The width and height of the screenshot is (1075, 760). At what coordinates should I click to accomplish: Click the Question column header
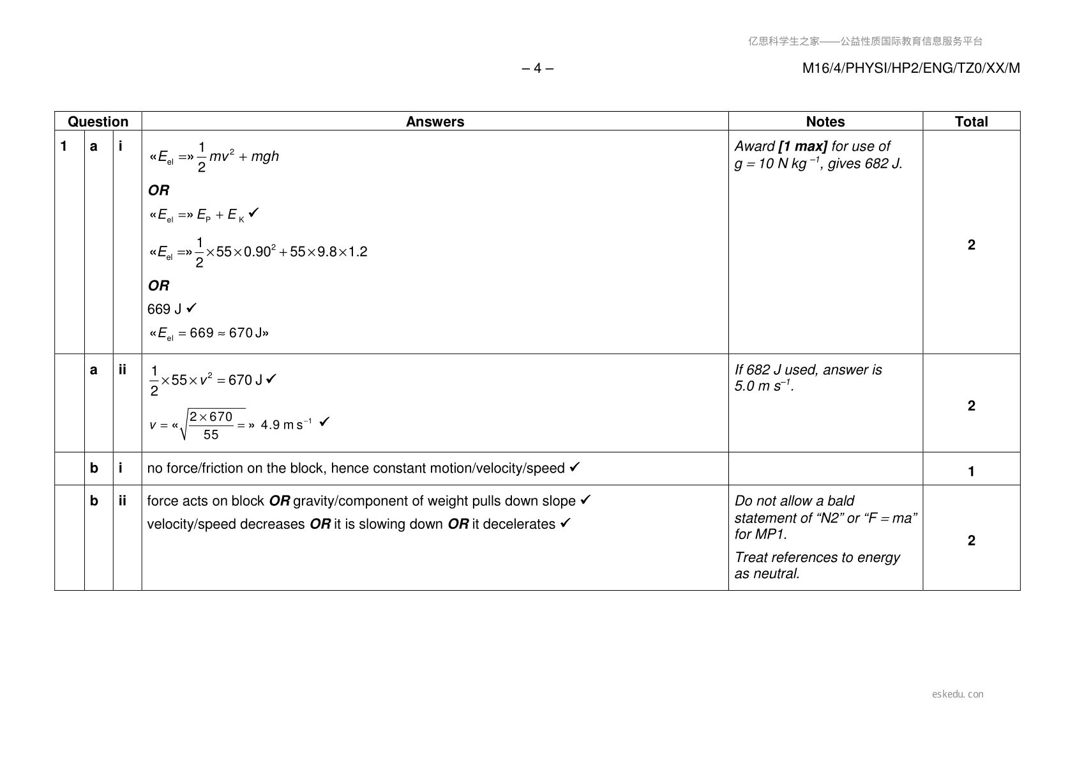(98, 121)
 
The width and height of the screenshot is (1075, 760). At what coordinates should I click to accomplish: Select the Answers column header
(435, 121)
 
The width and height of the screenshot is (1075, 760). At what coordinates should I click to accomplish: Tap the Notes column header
(825, 121)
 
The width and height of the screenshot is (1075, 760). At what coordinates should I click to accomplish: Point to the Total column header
(971, 121)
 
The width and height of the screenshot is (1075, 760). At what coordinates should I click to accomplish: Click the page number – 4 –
(537, 68)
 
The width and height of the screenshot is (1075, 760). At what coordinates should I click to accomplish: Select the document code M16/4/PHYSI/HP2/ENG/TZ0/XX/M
(911, 68)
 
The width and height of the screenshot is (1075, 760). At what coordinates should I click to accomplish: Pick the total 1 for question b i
(971, 471)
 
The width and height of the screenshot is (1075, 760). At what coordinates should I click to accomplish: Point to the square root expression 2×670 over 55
(212, 425)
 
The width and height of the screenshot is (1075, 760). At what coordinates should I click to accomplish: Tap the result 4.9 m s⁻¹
(285, 425)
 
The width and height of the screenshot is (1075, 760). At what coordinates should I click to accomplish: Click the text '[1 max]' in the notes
(802, 146)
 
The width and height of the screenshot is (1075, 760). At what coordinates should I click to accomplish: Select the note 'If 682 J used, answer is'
(808, 370)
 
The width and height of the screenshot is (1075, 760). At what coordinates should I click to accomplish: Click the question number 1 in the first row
(63, 146)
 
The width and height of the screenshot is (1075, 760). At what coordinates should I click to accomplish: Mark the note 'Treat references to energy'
(817, 557)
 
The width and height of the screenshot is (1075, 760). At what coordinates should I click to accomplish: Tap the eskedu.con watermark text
(958, 694)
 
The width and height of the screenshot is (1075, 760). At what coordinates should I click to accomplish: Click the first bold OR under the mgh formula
(158, 190)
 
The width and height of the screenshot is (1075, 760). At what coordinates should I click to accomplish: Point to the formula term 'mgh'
(265, 156)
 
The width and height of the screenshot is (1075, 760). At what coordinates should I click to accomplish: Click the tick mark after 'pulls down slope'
(585, 500)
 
